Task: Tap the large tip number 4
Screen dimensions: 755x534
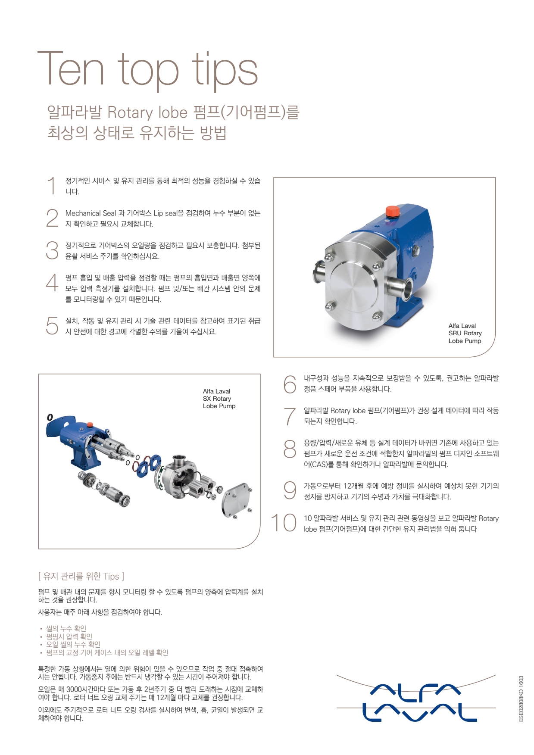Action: click(52, 283)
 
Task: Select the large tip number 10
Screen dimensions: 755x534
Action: click(283, 523)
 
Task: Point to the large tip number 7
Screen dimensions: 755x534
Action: click(290, 416)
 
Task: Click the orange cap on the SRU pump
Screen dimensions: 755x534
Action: click(392, 212)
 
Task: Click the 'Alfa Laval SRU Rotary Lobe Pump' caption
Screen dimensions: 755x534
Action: click(465, 333)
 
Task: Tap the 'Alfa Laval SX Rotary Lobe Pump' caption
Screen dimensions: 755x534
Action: click(219, 399)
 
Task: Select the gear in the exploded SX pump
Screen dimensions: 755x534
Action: click(88, 479)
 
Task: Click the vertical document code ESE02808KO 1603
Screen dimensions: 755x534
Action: click(521, 699)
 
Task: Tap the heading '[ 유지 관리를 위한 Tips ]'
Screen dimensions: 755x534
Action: click(81, 576)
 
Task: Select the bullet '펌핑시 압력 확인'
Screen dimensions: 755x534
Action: click(69, 636)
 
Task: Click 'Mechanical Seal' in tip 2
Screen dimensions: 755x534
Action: click(91, 213)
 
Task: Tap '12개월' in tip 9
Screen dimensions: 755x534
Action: click(353, 486)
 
